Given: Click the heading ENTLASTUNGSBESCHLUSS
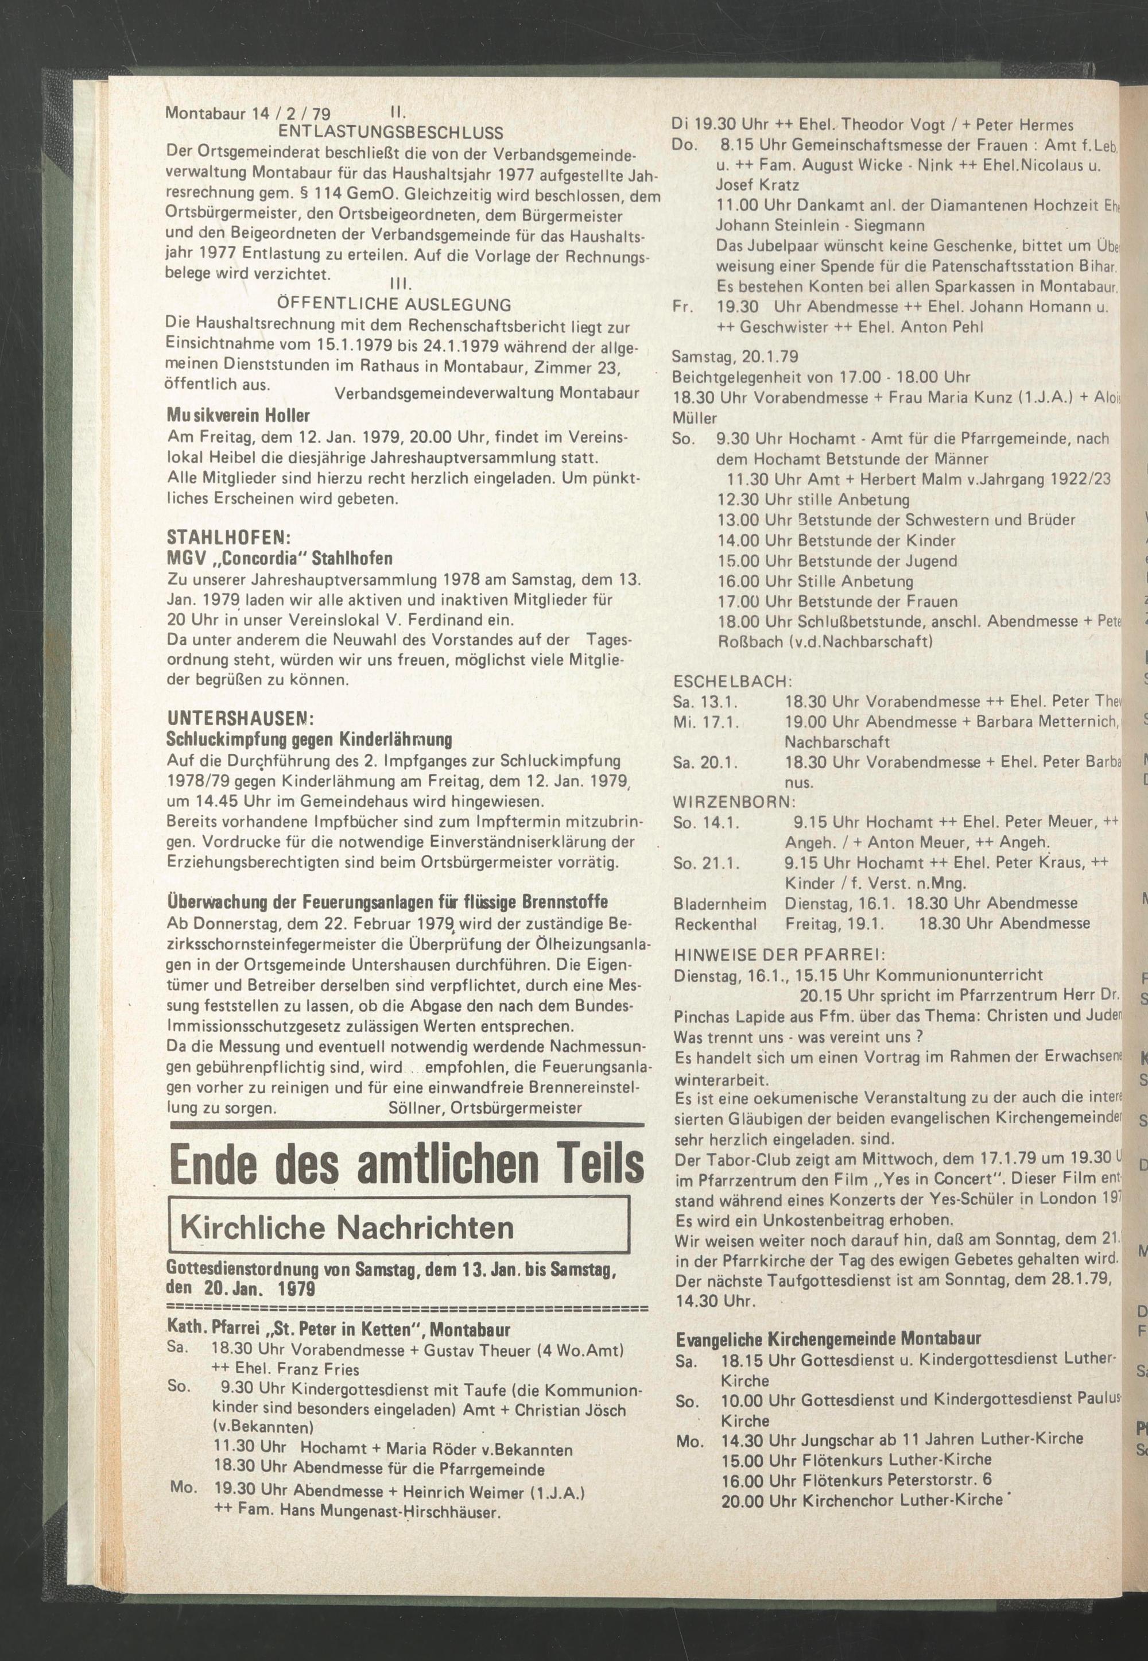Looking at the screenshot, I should tap(390, 133).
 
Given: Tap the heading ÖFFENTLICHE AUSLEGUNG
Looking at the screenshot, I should tap(394, 304).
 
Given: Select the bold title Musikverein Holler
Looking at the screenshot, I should tap(238, 416).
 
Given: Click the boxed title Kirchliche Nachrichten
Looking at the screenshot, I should tap(347, 1227).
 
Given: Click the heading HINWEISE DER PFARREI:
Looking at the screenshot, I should tap(779, 955).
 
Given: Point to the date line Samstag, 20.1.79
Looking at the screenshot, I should tap(734, 356).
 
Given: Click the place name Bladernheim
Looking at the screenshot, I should tap(719, 903).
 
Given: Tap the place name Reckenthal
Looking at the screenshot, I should tap(715, 923).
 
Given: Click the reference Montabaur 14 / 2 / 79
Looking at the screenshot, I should tap(248, 114).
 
